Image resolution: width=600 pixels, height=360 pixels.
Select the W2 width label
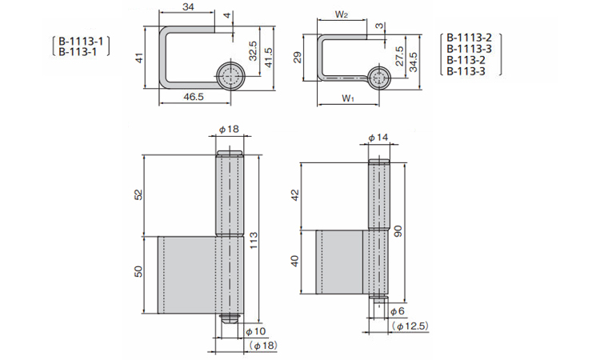pyautogui.click(x=342, y=15)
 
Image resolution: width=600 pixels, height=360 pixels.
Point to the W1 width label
pyautogui.click(x=346, y=98)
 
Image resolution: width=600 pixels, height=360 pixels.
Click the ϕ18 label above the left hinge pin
pyautogui.click(x=228, y=130)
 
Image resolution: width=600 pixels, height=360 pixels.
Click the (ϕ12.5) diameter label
pyautogui.click(x=411, y=326)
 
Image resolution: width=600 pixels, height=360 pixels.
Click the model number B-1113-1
pyautogui.click(x=80, y=39)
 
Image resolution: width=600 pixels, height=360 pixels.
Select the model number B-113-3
pyautogui.click(x=466, y=71)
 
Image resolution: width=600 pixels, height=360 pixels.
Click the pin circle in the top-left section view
pyautogui.click(x=230, y=77)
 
